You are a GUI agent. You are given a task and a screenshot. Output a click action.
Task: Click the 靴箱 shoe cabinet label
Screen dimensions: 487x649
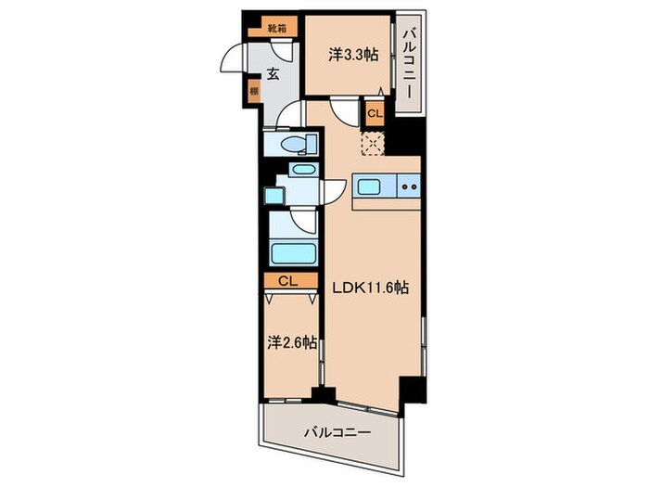coord(276,29)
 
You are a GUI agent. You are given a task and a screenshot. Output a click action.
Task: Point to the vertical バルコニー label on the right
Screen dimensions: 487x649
coord(407,65)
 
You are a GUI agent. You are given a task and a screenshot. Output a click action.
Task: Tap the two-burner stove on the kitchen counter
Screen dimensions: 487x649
coord(409,187)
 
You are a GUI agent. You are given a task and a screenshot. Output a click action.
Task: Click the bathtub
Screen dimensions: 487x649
coord(293,253)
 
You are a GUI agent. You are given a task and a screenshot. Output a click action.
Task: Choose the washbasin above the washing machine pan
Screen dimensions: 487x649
coord(301,173)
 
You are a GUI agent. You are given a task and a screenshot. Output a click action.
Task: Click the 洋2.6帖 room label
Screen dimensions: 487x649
coord(292,342)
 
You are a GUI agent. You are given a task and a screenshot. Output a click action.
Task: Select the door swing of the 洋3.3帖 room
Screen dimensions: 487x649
coord(346,111)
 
